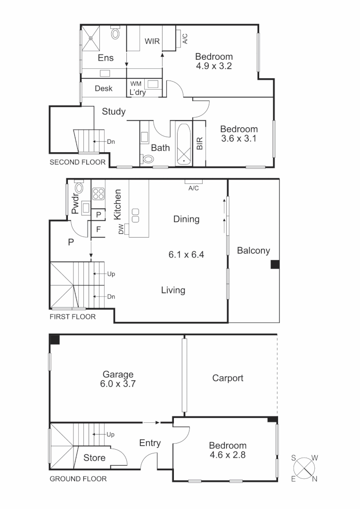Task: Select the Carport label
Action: (228, 378)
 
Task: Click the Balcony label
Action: (253, 251)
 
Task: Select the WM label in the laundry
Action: (136, 84)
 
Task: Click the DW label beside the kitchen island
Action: (121, 230)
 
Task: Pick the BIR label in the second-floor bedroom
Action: (199, 143)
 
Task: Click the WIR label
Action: (152, 41)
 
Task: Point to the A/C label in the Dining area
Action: (193, 188)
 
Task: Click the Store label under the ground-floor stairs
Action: (94, 458)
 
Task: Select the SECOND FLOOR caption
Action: (73, 163)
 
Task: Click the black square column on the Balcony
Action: (275, 265)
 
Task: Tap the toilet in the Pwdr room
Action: (79, 189)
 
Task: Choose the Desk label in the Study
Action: (104, 89)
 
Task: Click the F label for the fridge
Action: (98, 230)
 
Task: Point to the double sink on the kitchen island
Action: (136, 215)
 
